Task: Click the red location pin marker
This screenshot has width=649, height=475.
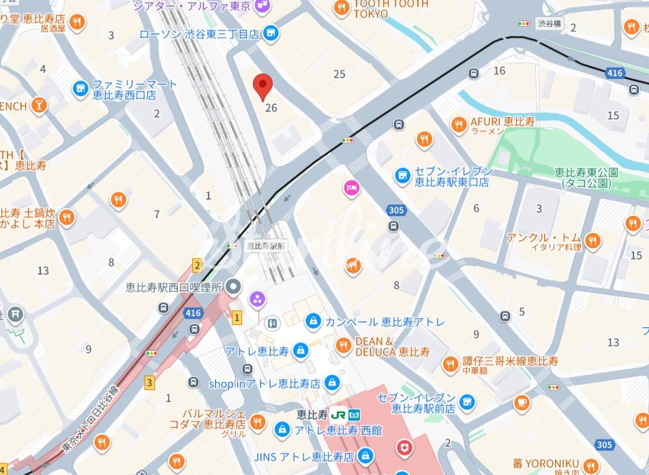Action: click(x=263, y=87)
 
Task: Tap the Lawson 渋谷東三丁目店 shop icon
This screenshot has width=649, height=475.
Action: click(x=271, y=33)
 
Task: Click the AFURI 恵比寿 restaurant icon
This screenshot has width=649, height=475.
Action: click(x=459, y=124)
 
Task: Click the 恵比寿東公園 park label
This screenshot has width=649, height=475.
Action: click(x=586, y=178)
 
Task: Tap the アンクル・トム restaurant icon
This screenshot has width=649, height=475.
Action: click(x=592, y=240)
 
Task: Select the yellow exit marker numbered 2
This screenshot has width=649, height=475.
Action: click(x=197, y=266)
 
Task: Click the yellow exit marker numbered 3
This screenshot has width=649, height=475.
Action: click(x=149, y=382)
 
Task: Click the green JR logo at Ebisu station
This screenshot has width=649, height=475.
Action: click(x=339, y=414)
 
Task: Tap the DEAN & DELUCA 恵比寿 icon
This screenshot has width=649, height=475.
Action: click(x=344, y=346)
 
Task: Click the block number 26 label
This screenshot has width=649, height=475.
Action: click(x=271, y=108)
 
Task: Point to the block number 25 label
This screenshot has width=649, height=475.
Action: click(x=339, y=74)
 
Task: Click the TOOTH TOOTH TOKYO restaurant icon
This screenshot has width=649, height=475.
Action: click(x=342, y=8)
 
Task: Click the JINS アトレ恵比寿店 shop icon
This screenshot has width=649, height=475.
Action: click(x=365, y=455)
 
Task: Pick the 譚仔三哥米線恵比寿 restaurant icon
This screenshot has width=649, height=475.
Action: click(x=450, y=365)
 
